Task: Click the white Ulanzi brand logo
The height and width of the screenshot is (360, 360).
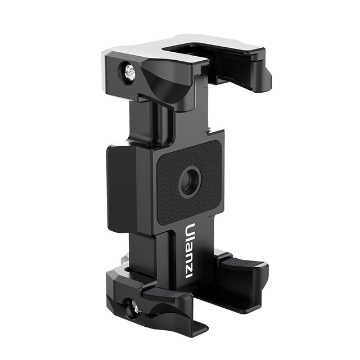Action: coord(190,251)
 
